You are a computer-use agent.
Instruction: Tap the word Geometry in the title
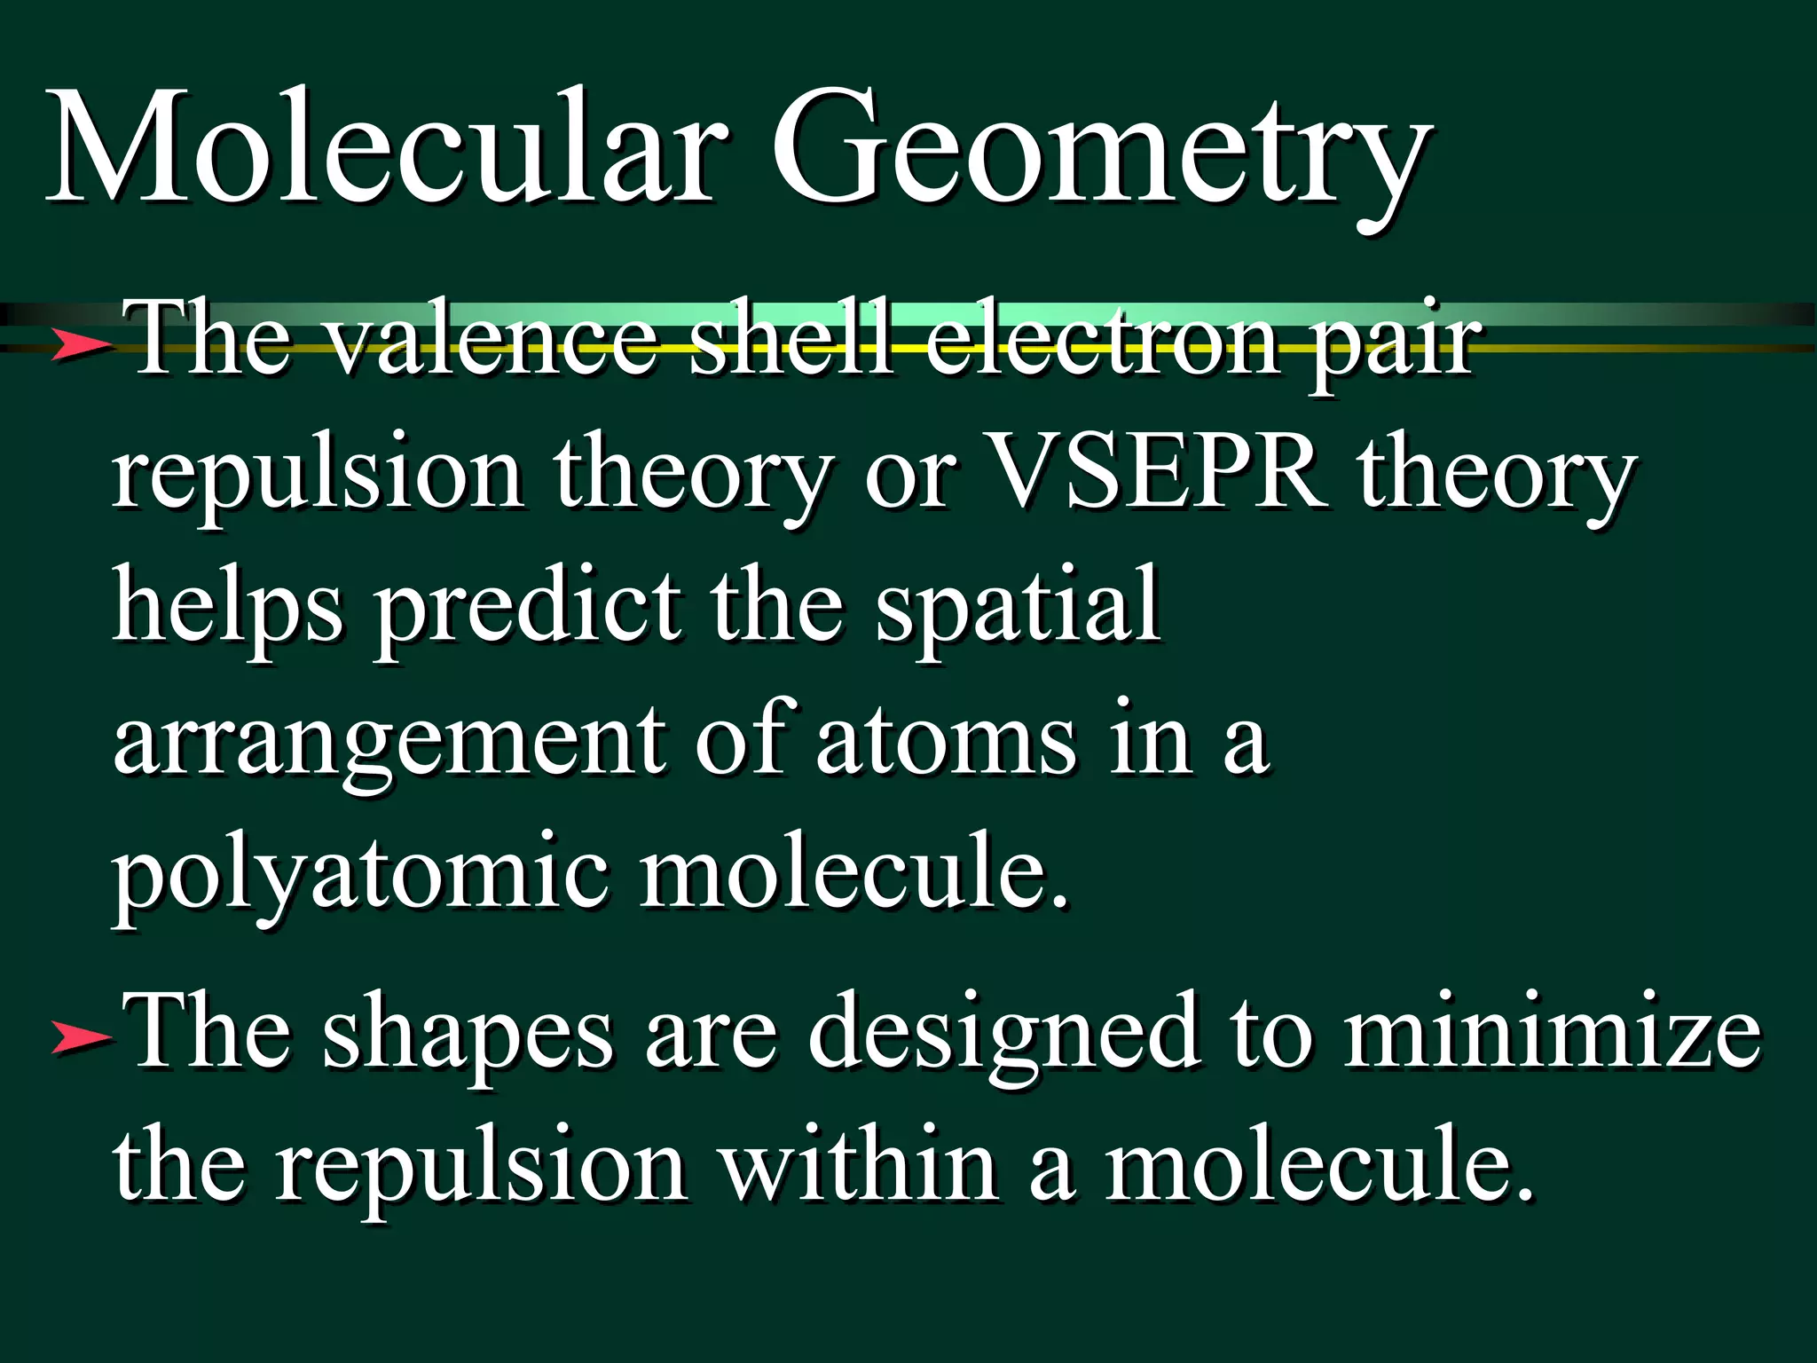pos(1100,151)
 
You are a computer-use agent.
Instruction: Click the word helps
pos(227,608)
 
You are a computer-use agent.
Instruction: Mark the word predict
pos(529,608)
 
